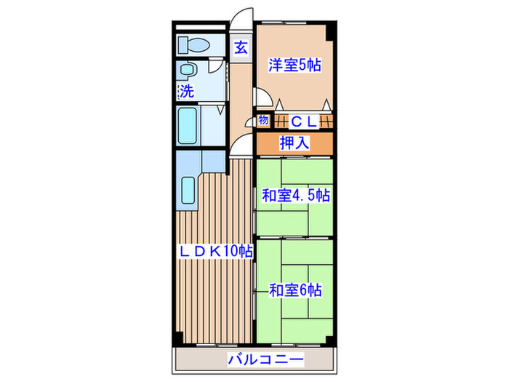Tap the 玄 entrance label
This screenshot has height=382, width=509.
click(241, 49)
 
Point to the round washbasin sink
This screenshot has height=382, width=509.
click(188, 71)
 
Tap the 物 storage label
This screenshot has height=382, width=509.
click(262, 120)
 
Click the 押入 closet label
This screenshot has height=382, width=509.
click(294, 143)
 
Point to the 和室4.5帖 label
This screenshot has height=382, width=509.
click(296, 195)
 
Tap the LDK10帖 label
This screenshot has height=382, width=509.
click(216, 251)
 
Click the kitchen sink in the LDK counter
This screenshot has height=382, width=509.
click(188, 191)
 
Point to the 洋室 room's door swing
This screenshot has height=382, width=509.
click(263, 99)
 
